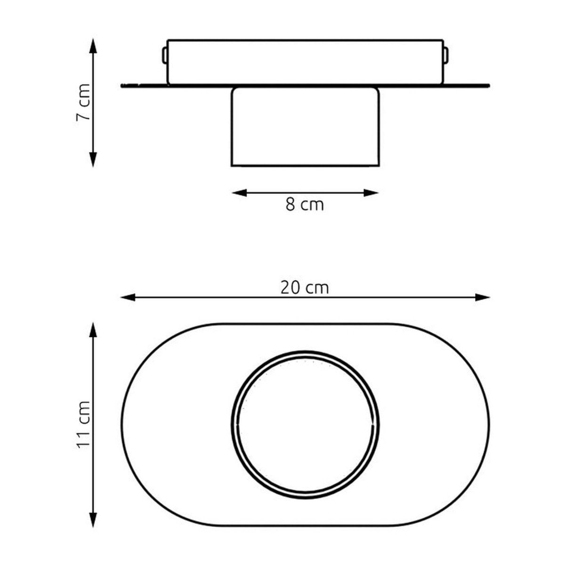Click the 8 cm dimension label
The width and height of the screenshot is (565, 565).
[305, 205]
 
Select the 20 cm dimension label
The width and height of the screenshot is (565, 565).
[305, 288]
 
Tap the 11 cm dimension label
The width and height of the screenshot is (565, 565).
[83, 424]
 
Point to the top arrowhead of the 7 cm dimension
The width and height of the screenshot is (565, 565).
[93, 46]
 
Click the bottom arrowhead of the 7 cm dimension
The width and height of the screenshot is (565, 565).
[93, 160]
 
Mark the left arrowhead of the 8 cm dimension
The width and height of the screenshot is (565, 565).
[239, 193]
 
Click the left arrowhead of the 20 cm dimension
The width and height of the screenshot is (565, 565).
[128, 297]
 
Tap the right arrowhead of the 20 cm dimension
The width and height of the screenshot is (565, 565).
[482, 297]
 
